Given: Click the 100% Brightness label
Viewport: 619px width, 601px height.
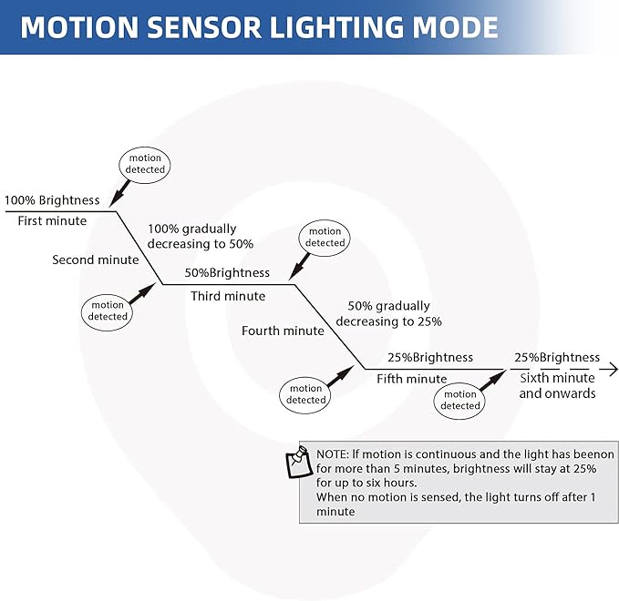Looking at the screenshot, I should tap(52, 200).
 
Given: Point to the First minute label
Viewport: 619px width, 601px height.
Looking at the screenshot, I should tap(53, 220).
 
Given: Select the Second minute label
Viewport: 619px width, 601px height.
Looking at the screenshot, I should tap(96, 260).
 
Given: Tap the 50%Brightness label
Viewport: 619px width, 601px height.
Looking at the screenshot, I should tap(227, 272).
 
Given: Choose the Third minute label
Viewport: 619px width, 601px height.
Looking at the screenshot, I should tap(228, 296).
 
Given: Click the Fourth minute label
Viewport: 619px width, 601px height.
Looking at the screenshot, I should tap(283, 331).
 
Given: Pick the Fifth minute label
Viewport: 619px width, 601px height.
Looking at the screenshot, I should tap(412, 379).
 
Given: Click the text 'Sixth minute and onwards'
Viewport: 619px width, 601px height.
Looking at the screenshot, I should tap(557, 385).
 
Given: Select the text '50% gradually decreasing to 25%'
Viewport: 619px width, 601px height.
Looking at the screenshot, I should tap(389, 313).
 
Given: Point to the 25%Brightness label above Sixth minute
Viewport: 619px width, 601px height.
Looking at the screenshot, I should tap(557, 357).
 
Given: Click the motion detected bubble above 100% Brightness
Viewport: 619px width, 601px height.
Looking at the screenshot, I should tap(146, 164).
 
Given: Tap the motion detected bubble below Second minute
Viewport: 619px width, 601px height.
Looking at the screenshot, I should tap(108, 311).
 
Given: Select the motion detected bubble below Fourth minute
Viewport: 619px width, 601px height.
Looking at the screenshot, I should tap(306, 394).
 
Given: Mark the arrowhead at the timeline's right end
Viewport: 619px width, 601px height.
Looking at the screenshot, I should tap(613, 369).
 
